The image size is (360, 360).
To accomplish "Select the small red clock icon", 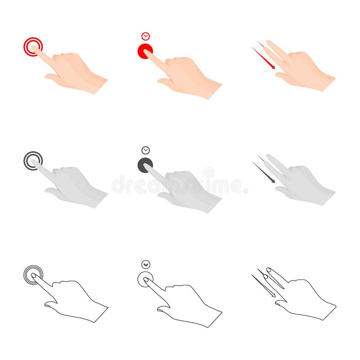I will click(x=145, y=36).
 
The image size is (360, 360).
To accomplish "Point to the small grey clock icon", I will click(x=145, y=150).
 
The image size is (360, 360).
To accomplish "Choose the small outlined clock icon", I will click(x=145, y=265).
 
